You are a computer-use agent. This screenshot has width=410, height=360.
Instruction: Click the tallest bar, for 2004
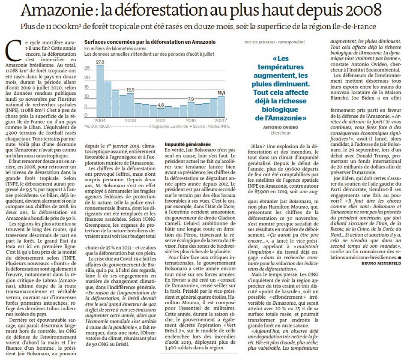[100, 91]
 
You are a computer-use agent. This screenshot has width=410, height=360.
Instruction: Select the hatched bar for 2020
[221, 107]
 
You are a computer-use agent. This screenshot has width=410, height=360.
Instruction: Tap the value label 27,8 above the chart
[100, 62]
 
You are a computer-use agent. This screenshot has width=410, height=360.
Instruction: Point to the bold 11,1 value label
[221, 93]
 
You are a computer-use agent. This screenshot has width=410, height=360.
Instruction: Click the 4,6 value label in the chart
[161, 105]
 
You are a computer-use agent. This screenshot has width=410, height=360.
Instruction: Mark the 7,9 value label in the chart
[191, 99]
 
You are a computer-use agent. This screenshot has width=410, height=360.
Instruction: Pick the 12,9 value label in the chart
[130, 90]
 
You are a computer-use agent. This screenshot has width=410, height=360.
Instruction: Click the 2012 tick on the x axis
[161, 120]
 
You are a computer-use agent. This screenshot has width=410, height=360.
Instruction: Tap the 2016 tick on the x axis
[191, 120]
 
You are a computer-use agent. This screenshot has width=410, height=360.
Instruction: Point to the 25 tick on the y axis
[87, 68]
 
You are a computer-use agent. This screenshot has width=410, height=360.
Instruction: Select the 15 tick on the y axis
[87, 87]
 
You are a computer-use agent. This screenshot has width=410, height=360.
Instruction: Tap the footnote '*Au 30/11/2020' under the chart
[97, 126]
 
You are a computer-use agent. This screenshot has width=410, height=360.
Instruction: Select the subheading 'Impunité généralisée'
[188, 144]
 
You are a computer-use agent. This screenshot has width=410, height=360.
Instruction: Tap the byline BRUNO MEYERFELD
[381, 264]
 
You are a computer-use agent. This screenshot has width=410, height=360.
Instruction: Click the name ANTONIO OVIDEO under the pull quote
[281, 127]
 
